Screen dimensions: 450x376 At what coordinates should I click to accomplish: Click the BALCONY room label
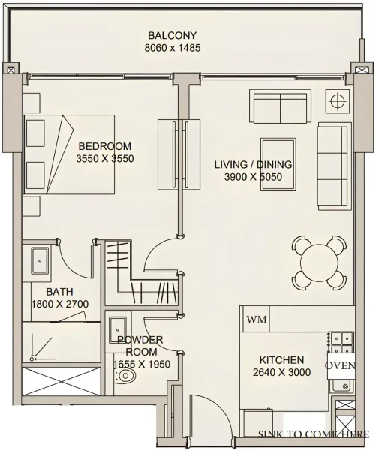173,35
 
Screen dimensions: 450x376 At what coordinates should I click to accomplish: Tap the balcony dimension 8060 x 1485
173,49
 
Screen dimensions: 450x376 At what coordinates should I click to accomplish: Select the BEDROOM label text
104,146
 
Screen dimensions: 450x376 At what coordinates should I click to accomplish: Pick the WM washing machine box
256,319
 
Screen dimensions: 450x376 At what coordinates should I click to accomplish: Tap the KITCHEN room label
281,359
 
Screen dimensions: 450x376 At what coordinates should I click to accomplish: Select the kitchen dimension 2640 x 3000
281,373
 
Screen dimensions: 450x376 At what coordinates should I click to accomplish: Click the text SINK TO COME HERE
313,433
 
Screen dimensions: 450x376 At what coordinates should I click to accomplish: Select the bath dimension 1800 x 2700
60,304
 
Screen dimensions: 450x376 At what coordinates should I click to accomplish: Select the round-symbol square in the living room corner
337,100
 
